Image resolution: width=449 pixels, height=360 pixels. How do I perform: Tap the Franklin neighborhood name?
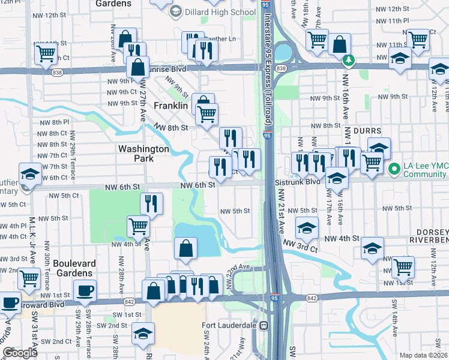pos(171,105)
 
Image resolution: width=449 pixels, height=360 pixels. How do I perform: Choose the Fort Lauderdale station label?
pos(232,325)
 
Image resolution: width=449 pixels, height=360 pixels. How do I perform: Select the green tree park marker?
pos(348,61)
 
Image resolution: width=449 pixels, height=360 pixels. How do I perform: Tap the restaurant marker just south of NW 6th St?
pos(152,203)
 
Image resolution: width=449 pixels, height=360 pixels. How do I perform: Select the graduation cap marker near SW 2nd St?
pos(143,333)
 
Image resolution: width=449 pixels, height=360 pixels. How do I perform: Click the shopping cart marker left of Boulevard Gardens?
pos(29,278)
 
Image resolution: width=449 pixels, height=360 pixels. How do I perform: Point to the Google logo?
pos(19,353)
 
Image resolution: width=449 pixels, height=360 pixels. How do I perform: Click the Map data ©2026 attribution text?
pos(423,355)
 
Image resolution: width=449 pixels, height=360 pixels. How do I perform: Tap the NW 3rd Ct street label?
pos(297,244)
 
